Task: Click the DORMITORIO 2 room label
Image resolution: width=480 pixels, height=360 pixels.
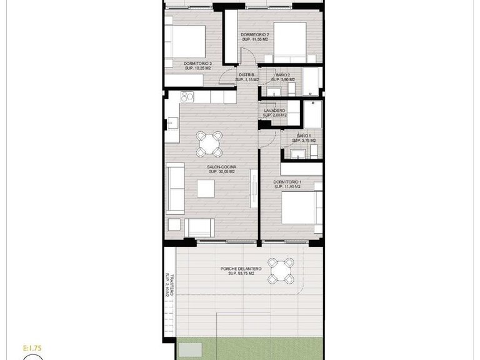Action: pos(255,35)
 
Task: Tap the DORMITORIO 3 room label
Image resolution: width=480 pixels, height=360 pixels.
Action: pos(197,63)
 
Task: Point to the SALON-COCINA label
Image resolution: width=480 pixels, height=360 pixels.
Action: pos(221,167)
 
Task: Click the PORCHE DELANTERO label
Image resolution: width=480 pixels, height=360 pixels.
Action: pos(241,269)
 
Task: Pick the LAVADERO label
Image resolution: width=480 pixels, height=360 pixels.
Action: pos(274,111)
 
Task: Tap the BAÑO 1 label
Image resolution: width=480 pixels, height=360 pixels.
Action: pos(304,136)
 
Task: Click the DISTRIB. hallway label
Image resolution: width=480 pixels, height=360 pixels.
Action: pos(246,75)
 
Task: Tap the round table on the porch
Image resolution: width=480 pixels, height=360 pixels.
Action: pos(281,271)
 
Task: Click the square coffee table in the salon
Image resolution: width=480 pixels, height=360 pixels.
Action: pos(207,188)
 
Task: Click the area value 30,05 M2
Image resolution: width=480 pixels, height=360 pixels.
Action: pos(222,172)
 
